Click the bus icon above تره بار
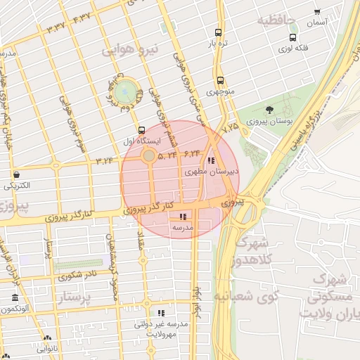219,32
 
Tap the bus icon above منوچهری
221,81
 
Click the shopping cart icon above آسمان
317,12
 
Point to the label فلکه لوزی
295,49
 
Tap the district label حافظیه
279,19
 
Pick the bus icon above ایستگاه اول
142,130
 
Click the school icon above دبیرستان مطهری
212,160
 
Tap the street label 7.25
231,128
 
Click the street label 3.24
104,162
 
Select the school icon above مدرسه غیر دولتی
162,313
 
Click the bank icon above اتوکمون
15,297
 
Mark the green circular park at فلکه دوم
126,91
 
